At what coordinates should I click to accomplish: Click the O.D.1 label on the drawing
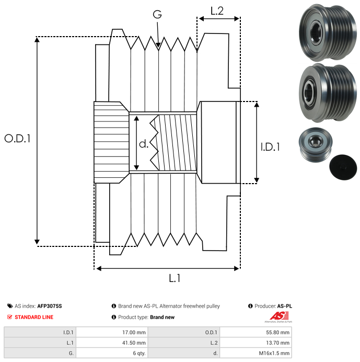tap(18, 139)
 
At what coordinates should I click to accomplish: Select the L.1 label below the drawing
tap(175, 279)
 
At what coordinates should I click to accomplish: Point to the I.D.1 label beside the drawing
tap(270, 147)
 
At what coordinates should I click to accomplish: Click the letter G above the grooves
tap(157, 15)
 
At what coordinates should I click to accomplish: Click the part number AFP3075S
tap(53, 306)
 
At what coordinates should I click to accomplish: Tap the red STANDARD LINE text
tap(34, 317)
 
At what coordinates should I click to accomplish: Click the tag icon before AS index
tap(10, 306)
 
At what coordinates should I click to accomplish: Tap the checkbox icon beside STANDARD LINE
tap(10, 317)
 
